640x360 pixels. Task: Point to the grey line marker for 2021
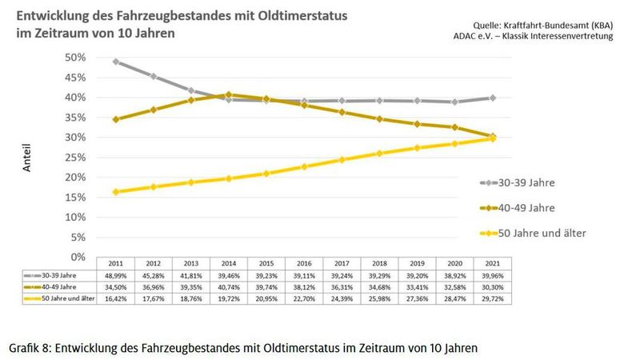click(x=492, y=98)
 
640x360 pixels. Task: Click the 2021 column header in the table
click(x=492, y=263)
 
